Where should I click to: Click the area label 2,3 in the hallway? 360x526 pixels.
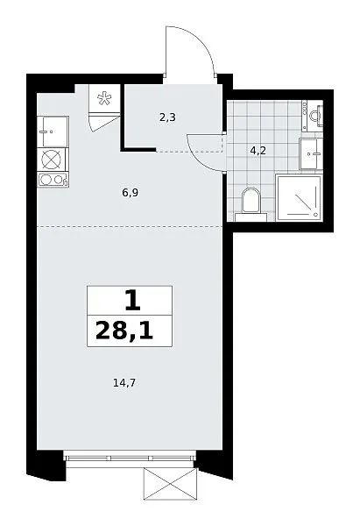[x=167, y=117]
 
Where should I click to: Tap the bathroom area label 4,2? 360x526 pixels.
[x=258, y=151]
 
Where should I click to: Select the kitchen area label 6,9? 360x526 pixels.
[x=131, y=193]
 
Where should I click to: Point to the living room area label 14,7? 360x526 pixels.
[x=124, y=382]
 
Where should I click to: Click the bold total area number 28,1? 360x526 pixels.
[x=124, y=331]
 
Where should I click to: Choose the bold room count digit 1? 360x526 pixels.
[x=133, y=301]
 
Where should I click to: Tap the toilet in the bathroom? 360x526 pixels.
[x=251, y=204]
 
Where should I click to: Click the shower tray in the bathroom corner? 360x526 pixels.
[x=299, y=197]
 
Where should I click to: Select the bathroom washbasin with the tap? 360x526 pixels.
[x=311, y=154]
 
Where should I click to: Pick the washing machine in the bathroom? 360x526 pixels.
[x=313, y=116]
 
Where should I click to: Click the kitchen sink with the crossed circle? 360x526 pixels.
[x=52, y=160]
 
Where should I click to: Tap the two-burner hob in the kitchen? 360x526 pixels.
[x=53, y=180]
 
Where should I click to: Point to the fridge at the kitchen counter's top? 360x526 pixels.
[x=53, y=131]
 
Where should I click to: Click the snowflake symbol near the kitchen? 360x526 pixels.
[x=104, y=98]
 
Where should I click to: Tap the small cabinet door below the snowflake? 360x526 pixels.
[x=104, y=123]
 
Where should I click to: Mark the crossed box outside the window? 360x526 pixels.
[x=170, y=484]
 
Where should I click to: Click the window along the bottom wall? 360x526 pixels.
[x=130, y=457]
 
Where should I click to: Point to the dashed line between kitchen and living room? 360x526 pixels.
[x=130, y=227]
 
